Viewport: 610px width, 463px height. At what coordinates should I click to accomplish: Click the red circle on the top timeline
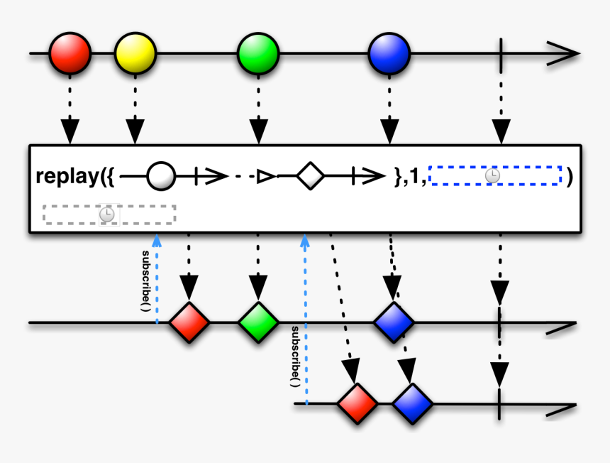[70, 53]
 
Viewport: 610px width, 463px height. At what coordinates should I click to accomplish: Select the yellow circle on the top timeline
[135, 53]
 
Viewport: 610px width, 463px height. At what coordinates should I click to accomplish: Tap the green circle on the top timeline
[258, 53]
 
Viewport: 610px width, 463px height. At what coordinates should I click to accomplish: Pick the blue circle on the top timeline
[389, 53]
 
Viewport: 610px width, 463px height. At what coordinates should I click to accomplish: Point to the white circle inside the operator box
[160, 176]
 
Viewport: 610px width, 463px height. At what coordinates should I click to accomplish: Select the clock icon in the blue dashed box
[492, 175]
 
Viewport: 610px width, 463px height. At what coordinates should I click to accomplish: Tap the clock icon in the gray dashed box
[107, 214]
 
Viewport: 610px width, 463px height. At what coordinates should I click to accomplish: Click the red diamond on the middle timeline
[189, 323]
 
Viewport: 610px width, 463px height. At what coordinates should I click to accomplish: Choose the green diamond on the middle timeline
[257, 323]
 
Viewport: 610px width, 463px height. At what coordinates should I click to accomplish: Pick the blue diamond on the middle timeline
[394, 323]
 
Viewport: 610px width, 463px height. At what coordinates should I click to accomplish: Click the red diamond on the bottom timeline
[357, 404]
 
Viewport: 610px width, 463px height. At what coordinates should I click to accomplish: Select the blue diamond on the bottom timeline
[412, 404]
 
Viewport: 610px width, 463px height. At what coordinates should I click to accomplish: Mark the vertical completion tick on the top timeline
[501, 53]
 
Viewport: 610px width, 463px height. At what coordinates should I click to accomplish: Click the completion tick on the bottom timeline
[501, 404]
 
